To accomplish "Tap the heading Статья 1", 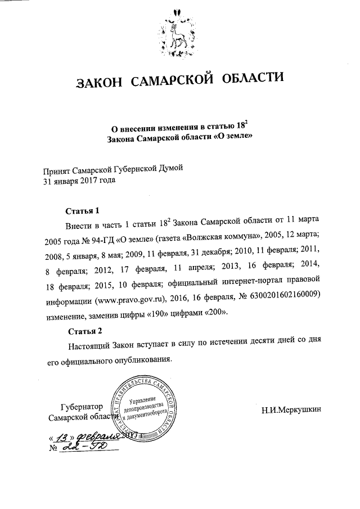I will coord(82,211).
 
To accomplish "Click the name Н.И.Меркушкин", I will coord(292,409).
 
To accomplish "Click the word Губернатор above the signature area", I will coord(82,407).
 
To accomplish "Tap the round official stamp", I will coord(147,409).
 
